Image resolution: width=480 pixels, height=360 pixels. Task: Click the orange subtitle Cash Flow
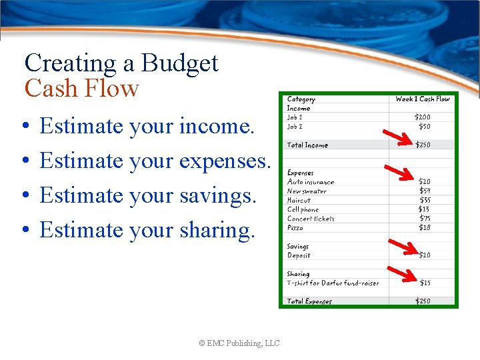click(81, 89)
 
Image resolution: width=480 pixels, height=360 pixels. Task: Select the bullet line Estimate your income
click(147, 126)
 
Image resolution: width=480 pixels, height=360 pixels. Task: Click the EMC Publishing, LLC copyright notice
click(239, 343)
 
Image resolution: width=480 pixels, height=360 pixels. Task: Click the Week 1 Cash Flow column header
click(423, 99)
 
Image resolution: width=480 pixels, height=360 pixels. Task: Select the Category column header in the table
click(301, 99)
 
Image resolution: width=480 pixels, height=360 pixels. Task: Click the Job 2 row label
click(295, 126)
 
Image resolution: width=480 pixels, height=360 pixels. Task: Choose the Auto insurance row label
click(311, 182)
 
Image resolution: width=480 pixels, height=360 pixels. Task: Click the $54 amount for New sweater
click(424, 191)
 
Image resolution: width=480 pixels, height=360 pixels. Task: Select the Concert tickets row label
click(311, 219)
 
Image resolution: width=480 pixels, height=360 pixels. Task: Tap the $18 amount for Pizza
click(424, 227)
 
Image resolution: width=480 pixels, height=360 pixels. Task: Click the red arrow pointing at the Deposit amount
click(402, 247)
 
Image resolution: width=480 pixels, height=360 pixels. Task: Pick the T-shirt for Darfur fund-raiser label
click(333, 283)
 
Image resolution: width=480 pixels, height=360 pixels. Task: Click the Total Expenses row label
click(309, 301)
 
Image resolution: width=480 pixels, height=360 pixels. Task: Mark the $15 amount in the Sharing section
click(424, 283)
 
